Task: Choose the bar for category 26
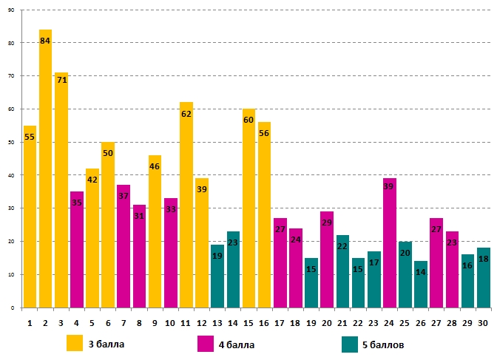click(x=421, y=284)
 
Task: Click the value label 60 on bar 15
click(x=248, y=120)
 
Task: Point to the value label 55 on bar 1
click(x=30, y=137)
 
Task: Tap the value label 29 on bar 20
click(x=327, y=223)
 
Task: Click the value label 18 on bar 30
click(x=484, y=259)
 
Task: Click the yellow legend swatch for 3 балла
click(x=75, y=344)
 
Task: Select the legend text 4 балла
click(x=238, y=344)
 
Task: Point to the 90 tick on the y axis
click(x=11, y=10)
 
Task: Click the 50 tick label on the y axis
click(x=11, y=142)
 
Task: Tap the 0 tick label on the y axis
click(x=13, y=308)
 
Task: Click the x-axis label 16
click(x=264, y=322)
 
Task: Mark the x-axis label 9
click(x=155, y=322)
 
